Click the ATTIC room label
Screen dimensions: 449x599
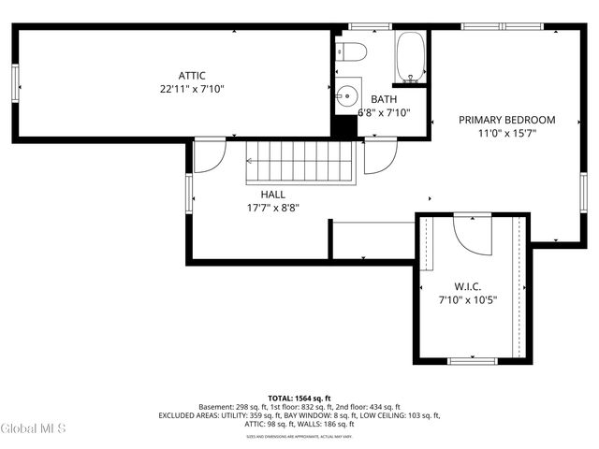(192, 76)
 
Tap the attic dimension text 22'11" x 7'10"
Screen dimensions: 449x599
(192, 90)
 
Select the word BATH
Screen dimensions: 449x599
(384, 99)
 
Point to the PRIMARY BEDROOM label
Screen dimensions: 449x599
(506, 120)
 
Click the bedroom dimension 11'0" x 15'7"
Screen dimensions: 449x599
(506, 134)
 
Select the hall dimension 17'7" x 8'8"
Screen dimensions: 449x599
(273, 208)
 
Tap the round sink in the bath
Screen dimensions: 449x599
(348, 94)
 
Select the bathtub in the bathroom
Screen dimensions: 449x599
(411, 57)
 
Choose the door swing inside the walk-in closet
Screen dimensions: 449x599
(473, 234)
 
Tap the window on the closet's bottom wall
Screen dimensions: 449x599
(473, 360)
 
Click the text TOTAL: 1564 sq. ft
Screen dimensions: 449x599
(299, 397)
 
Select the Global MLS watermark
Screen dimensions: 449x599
(34, 428)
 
